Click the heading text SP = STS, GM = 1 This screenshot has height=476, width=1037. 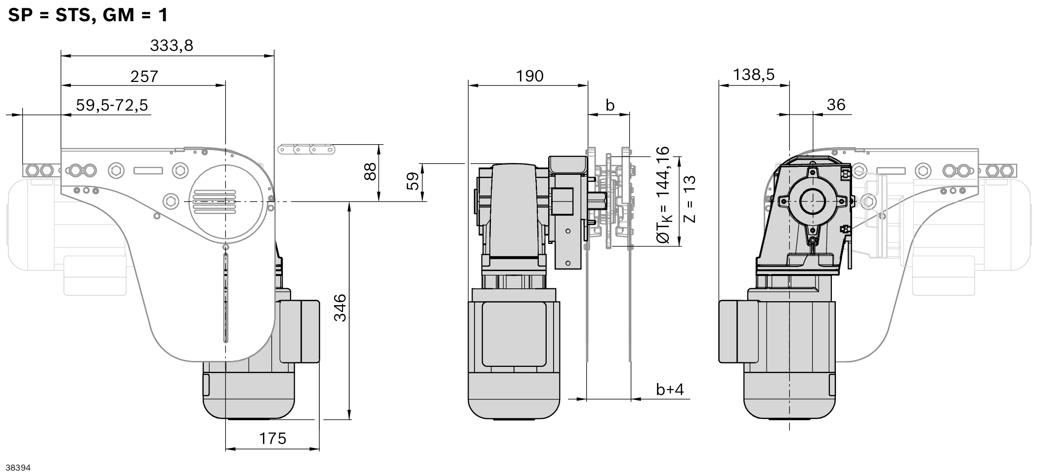pyautogui.click(x=88, y=15)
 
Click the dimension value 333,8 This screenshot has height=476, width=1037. pyautogui.click(x=172, y=45)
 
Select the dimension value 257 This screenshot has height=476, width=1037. pyautogui.click(x=144, y=77)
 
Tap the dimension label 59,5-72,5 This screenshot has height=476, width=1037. pyautogui.click(x=112, y=105)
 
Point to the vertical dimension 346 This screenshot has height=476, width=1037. pyautogui.click(x=341, y=308)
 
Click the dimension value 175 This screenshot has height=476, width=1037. pyautogui.click(x=272, y=438)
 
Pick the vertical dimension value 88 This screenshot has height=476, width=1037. pyautogui.click(x=370, y=172)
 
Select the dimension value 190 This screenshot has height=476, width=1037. pyautogui.click(x=529, y=76)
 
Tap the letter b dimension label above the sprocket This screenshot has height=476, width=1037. pyautogui.click(x=610, y=105)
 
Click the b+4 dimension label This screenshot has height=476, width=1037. pyautogui.click(x=670, y=390)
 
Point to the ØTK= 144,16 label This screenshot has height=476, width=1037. pyautogui.click(x=663, y=195)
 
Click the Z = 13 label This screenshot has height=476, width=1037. pyautogui.click(x=690, y=198)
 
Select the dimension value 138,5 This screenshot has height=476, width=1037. pyautogui.click(x=753, y=75)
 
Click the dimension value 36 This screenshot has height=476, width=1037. pyautogui.click(x=836, y=105)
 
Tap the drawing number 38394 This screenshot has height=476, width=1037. pyautogui.click(x=18, y=468)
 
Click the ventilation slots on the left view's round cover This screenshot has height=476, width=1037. pyautogui.click(x=214, y=201)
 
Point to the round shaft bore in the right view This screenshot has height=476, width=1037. pyautogui.click(x=812, y=201)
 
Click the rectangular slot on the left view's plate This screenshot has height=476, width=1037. pyautogui.click(x=148, y=170)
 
